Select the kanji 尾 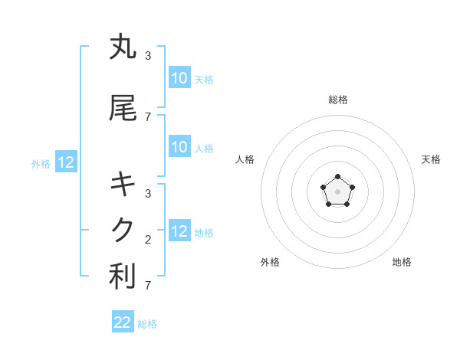(x=123, y=109)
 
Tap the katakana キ (x=123, y=185)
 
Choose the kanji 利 (x=123, y=277)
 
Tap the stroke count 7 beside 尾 (x=147, y=116)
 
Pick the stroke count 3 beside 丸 (x=147, y=55)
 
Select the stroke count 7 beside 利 (x=147, y=285)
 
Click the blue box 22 (x=123, y=322)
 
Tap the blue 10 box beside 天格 (x=179, y=78)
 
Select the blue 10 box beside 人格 (x=179, y=147)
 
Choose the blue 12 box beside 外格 (x=65, y=162)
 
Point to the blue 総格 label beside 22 (x=147, y=324)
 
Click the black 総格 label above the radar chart (x=338, y=100)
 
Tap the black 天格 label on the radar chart (x=431, y=159)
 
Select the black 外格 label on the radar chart (x=270, y=262)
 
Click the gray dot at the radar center (x=337, y=191)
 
